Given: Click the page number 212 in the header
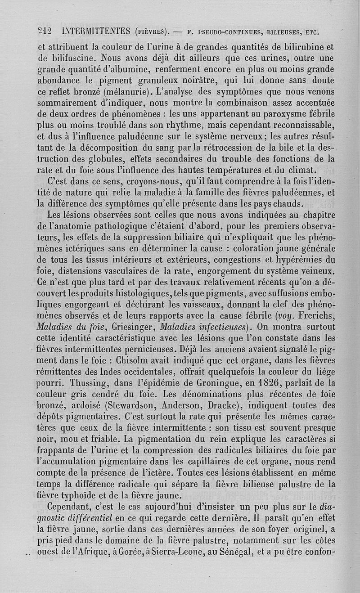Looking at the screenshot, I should (45, 31).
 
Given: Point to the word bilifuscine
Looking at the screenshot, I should (70, 57).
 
